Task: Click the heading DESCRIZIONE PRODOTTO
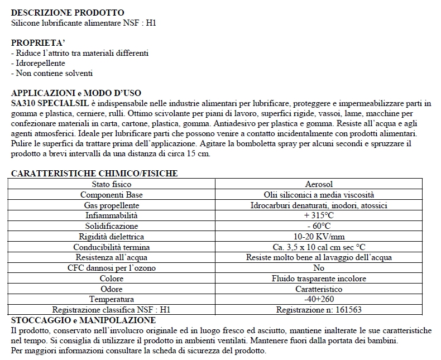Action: point(68,13)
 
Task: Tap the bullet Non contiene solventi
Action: point(52,73)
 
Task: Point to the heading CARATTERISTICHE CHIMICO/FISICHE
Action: point(94,174)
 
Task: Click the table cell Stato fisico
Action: point(111,184)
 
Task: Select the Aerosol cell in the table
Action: point(319,184)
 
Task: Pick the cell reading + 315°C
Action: point(319,215)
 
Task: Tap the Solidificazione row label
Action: point(111,226)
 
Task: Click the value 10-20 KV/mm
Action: point(319,237)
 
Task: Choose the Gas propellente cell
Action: point(111,205)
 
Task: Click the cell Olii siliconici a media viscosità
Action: point(319,195)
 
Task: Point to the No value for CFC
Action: point(319,268)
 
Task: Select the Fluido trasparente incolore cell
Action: point(319,279)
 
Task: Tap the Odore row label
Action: point(111,289)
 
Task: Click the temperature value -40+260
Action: point(319,299)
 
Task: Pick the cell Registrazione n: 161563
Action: point(319,310)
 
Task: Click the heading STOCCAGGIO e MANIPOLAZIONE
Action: point(83,320)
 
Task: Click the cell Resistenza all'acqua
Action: point(111,257)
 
